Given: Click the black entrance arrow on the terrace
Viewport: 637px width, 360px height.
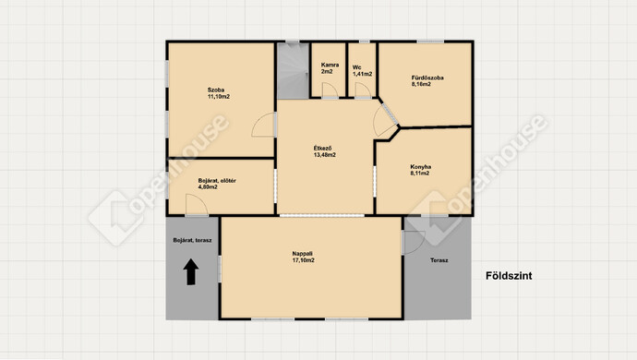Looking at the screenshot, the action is coord(191,271).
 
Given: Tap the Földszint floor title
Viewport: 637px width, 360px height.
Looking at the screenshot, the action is coord(509,276).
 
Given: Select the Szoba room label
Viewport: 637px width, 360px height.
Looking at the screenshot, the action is coord(216,90).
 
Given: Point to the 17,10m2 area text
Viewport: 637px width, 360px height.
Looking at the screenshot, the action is coord(303,260).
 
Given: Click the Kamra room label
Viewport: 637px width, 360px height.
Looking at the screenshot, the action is coord(330,65).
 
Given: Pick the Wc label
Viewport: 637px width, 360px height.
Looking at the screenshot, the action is coord(356,67).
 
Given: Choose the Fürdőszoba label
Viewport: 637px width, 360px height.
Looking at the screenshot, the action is coord(427,78).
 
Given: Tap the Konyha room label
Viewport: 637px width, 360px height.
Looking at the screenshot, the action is coord(420,166).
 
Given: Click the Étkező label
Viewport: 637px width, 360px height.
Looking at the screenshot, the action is coord(322,149).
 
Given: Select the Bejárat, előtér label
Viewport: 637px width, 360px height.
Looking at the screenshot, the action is coord(217,180).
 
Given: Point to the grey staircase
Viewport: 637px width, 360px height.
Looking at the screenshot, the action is coord(293,70).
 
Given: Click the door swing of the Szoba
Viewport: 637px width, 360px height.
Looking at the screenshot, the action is coord(264,125).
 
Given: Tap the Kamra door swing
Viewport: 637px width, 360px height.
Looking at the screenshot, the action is coord(330,90).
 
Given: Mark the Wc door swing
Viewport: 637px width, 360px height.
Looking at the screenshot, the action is coord(363,90).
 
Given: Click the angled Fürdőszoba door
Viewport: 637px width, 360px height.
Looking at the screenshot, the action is coord(386,119).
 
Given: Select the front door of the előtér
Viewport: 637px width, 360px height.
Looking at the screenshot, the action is coord(197,204).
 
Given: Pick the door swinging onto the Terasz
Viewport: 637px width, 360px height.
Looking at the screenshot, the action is coord(413,243).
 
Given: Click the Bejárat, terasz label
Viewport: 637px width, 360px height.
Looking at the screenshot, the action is coord(192,240).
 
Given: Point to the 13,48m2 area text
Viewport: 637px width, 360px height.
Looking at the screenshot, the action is coord(325,155).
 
